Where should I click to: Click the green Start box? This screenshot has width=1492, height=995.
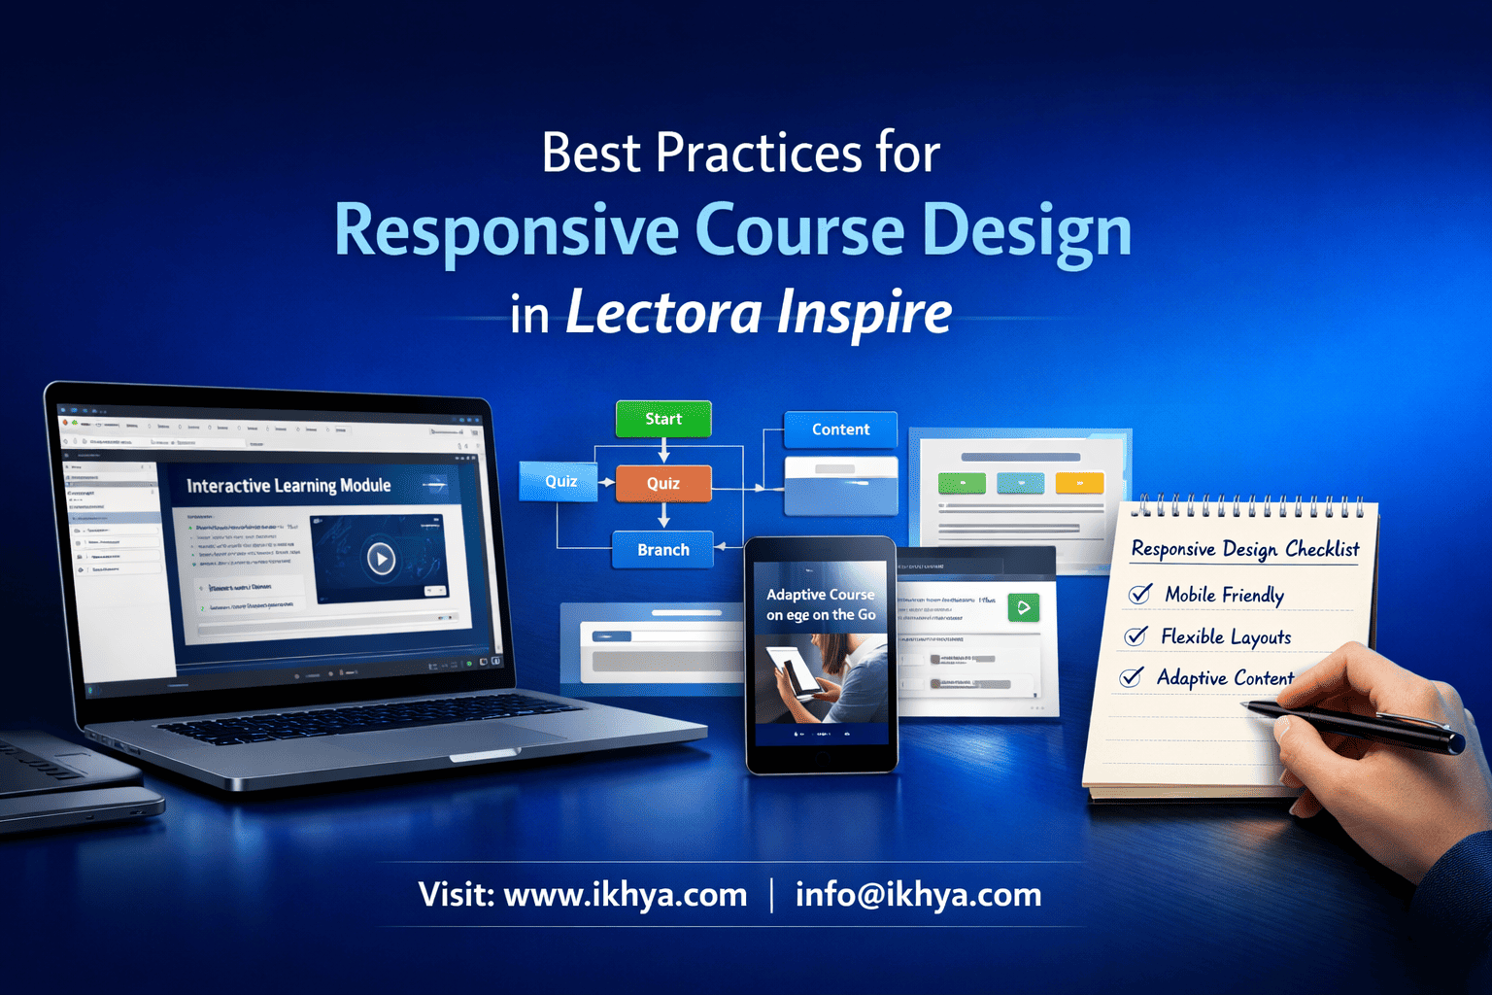(663, 419)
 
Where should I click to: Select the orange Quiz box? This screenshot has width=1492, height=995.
(663, 483)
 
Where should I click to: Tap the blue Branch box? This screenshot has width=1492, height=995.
(663, 550)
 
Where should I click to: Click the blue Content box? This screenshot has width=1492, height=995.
(840, 429)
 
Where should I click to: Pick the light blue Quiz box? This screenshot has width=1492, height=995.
(560, 481)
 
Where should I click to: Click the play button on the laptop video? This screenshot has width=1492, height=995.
(381, 559)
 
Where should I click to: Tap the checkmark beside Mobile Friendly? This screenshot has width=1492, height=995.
(1140, 594)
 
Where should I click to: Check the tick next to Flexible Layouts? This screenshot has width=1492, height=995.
(1136, 635)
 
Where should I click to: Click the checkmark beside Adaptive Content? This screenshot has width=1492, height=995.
(1131, 677)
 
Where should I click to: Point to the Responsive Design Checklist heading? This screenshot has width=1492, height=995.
(1245, 549)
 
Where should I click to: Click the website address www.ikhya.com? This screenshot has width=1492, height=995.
(625, 894)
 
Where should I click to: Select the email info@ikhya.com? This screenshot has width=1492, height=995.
(918, 894)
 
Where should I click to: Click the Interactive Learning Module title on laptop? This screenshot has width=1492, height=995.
(288, 486)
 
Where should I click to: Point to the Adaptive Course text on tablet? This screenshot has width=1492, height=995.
(821, 595)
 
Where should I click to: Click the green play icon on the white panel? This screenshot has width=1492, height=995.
(1023, 607)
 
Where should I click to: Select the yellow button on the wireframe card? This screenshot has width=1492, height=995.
(1079, 483)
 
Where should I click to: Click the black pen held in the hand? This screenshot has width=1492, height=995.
(1360, 725)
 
